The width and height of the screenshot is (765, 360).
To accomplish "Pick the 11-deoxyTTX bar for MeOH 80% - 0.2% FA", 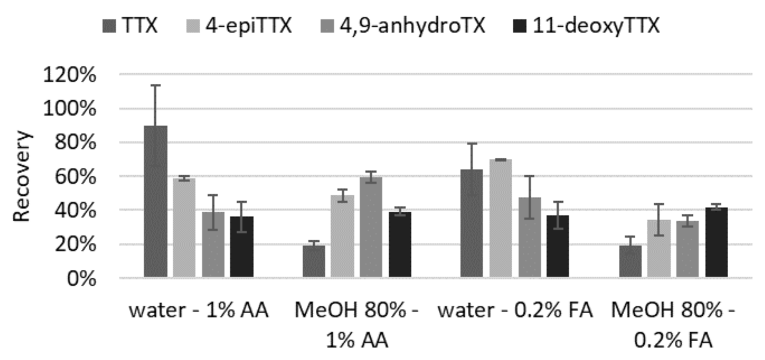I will pos(717,242).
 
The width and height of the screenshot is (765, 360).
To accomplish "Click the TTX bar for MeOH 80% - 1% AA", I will pos(314,261).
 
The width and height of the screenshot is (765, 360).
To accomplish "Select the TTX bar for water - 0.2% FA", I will pos(472,223).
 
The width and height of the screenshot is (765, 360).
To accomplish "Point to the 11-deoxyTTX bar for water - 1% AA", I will pos(241,246).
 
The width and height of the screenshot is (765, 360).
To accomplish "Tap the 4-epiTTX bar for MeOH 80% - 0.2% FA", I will pos(659,248).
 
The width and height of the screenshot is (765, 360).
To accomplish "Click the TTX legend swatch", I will pos(109,26).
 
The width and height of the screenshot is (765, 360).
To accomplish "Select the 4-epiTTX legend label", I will pos(248,26).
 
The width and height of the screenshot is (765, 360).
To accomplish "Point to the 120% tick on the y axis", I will pos(69,75).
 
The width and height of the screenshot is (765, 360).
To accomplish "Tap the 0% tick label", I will pos(81,279).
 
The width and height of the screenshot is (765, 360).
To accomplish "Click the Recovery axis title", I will pos(22,176).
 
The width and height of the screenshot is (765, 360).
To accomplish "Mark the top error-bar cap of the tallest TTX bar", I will pos(155,86).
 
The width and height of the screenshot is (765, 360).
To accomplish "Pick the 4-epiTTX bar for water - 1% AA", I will pos(184,228).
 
